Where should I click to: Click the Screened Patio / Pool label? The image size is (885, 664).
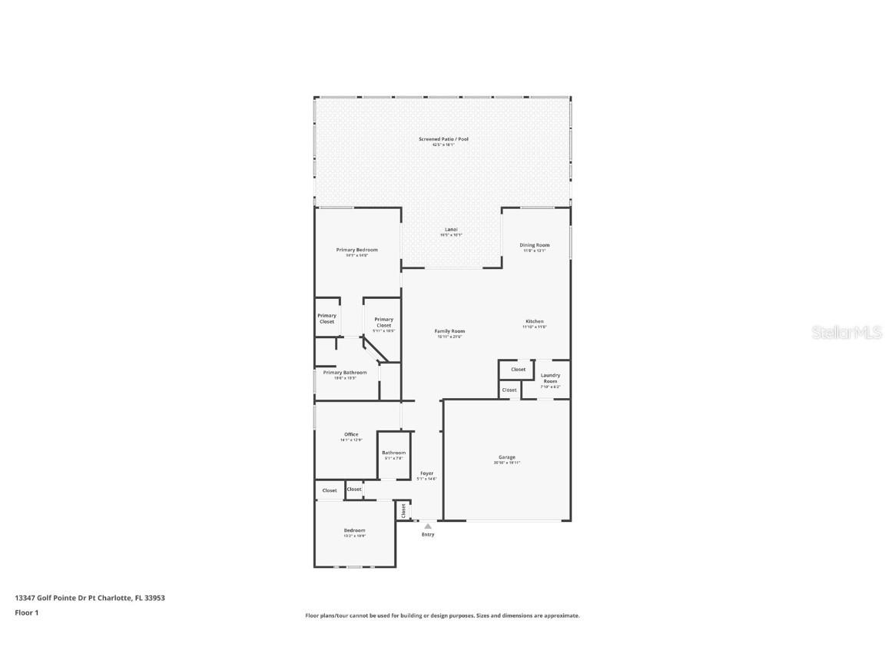[x=443, y=139]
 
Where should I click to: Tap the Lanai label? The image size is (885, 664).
[x=451, y=230]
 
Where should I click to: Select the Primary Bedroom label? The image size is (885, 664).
[x=356, y=250]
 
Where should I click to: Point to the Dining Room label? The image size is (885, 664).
[x=534, y=245]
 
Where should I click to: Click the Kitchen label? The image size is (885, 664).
[x=535, y=321]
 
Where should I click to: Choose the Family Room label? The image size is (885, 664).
[x=449, y=331]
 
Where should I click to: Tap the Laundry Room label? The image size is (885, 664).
[x=550, y=378]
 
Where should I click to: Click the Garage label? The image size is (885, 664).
[x=507, y=457]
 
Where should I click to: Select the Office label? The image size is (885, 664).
[x=350, y=434]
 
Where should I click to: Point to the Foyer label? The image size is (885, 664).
[x=426, y=473]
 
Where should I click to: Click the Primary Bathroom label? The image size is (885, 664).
[x=344, y=373]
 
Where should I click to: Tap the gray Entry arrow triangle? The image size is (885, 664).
[x=428, y=526]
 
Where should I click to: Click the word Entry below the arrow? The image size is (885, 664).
[x=428, y=535]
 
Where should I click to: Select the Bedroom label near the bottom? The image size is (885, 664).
[x=354, y=530]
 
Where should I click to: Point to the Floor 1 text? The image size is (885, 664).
[x=26, y=613]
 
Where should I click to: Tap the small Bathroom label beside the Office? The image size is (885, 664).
[x=393, y=453]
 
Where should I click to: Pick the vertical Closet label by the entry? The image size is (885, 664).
[x=403, y=510]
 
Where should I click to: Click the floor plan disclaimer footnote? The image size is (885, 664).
[x=442, y=616]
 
